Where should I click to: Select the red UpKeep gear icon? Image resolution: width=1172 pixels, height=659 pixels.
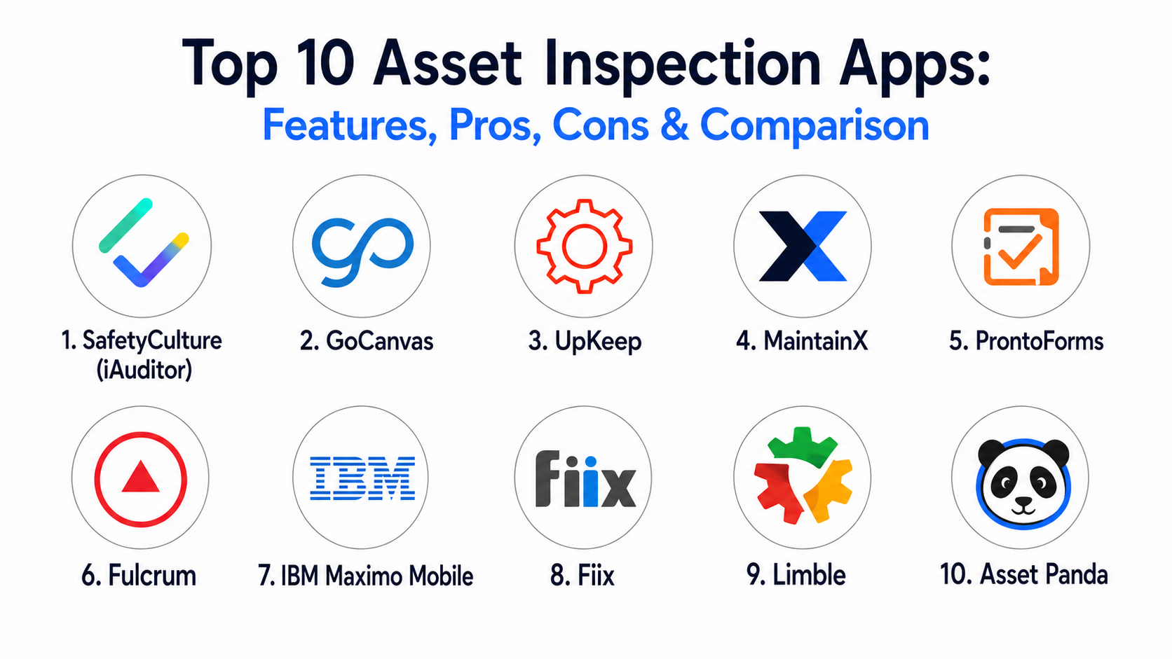(x=585, y=246)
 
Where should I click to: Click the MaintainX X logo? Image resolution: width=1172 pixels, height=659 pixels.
(x=803, y=246)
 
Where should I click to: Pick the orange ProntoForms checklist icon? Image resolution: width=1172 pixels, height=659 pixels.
(x=1021, y=247)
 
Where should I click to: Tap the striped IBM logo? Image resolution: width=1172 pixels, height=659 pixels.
(x=362, y=478)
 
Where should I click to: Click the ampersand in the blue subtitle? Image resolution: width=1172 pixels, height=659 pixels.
(x=674, y=125)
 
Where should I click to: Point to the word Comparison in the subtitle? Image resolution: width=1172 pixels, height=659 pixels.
(x=815, y=127)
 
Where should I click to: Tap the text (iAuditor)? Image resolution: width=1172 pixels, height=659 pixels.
(x=144, y=370)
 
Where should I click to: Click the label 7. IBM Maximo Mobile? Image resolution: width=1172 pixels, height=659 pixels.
(x=366, y=576)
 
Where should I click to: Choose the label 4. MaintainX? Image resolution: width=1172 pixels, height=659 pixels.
(x=802, y=341)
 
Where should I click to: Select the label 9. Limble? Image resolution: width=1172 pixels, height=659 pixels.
(x=796, y=575)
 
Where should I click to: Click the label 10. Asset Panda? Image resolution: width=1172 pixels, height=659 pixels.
(x=1024, y=574)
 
